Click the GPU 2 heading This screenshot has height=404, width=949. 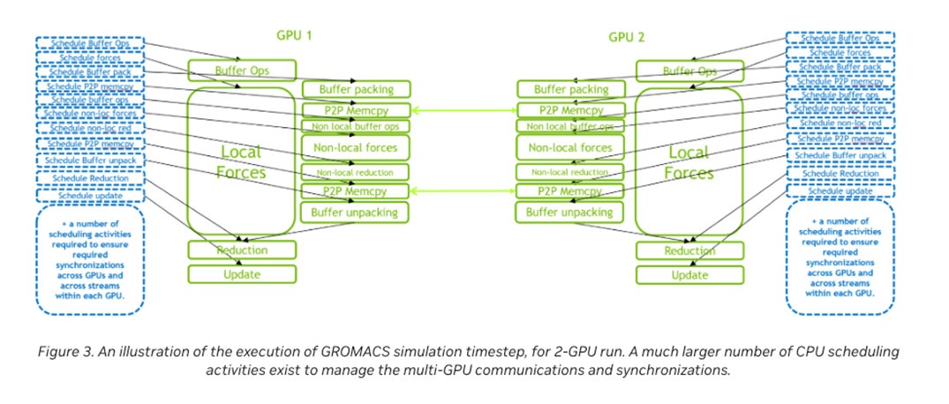click(629, 37)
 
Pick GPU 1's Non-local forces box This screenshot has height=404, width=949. click(356, 148)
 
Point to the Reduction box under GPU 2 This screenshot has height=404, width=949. click(689, 252)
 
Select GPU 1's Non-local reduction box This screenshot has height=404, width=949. click(356, 172)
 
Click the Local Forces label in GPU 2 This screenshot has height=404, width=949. click(689, 162)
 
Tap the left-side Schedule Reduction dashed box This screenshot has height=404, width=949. click(90, 179)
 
